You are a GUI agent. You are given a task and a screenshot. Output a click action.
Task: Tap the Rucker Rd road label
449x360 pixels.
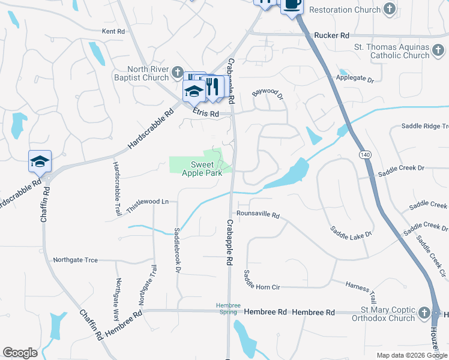pos(331,36)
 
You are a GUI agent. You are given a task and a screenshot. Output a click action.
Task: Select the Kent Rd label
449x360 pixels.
pos(113,31)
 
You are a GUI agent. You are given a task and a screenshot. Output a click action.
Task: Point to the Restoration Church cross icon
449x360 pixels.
pos(390,10)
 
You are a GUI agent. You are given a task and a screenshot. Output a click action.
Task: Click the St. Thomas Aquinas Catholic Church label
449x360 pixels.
pos(391,52)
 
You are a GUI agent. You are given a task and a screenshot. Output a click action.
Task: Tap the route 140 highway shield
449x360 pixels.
pos(365,155)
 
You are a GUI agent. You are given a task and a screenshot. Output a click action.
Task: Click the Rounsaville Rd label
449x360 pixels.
pos(258,214)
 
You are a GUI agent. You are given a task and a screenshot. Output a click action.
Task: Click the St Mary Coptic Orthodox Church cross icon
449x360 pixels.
pos(424,313)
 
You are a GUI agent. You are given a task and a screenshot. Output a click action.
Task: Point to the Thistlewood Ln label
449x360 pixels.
pos(148,202)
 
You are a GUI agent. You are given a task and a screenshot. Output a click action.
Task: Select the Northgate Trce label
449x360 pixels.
pos(75,260)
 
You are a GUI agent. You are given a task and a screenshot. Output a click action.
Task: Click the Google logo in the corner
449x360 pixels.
pos(20,353)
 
